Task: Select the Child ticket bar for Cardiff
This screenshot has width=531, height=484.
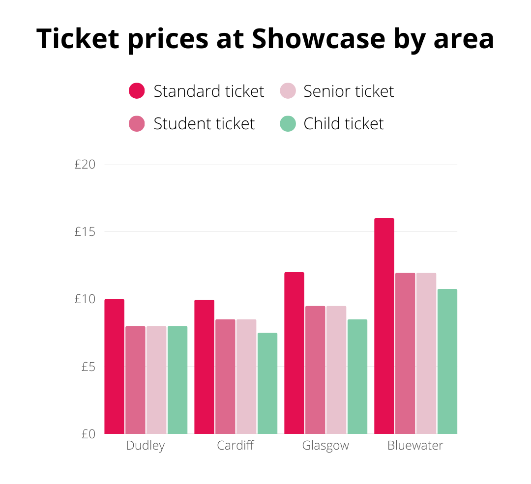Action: pyautogui.click(x=267, y=383)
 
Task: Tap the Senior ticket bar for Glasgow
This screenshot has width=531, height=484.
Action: pyautogui.click(x=336, y=370)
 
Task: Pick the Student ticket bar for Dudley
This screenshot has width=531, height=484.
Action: pyautogui.click(x=135, y=380)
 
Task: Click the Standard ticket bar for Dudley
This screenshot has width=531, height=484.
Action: pyautogui.click(x=114, y=366)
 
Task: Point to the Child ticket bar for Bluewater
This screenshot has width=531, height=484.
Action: pyautogui.click(x=447, y=361)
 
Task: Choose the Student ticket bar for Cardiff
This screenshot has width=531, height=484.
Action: pyautogui.click(x=225, y=376)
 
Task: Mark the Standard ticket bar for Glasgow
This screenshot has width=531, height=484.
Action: pyautogui.click(x=294, y=353)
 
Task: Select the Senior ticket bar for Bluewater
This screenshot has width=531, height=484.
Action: pyautogui.click(x=426, y=353)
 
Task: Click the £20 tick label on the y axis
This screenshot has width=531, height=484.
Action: pyautogui.click(x=85, y=165)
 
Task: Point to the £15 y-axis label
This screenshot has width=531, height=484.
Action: pyautogui.click(x=85, y=231)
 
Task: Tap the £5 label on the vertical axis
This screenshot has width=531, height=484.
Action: pyautogui.click(x=88, y=367)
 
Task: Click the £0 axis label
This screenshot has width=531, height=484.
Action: pyautogui.click(x=88, y=434)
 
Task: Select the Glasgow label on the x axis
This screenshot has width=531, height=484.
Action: pyautogui.click(x=325, y=446)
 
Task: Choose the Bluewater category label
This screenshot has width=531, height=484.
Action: pyautogui.click(x=415, y=446)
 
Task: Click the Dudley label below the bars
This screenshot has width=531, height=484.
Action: pyautogui.click(x=146, y=446)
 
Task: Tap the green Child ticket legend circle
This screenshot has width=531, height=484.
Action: pyautogui.click(x=288, y=123)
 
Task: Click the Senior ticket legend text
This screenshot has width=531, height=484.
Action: pyautogui.click(x=349, y=91)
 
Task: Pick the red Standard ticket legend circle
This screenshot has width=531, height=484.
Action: pyautogui.click(x=137, y=91)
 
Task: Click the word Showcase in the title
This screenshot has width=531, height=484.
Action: pyautogui.click(x=318, y=39)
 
